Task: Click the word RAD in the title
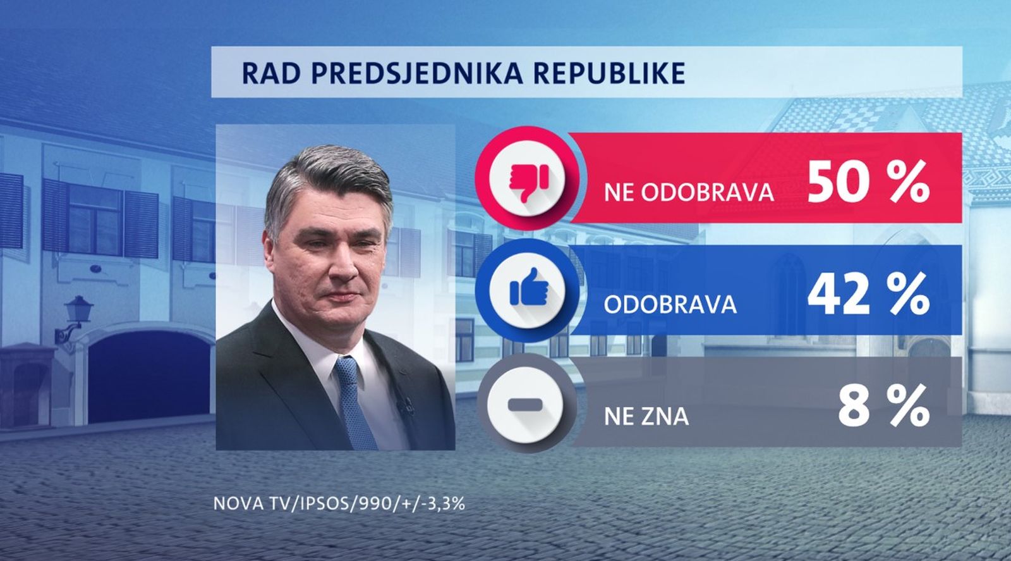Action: pos(272,73)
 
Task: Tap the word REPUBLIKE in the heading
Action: pos(610,73)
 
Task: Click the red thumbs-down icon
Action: pos(528,183)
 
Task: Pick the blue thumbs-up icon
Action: pos(528,287)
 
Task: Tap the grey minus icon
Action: pos(525,405)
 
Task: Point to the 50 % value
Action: pos(868,182)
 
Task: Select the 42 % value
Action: pos(868,293)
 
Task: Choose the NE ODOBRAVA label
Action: pos(689,193)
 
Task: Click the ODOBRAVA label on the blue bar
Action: pos(670,305)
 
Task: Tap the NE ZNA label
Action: pos(646,416)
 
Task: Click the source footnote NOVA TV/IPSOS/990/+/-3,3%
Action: pos(339,503)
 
